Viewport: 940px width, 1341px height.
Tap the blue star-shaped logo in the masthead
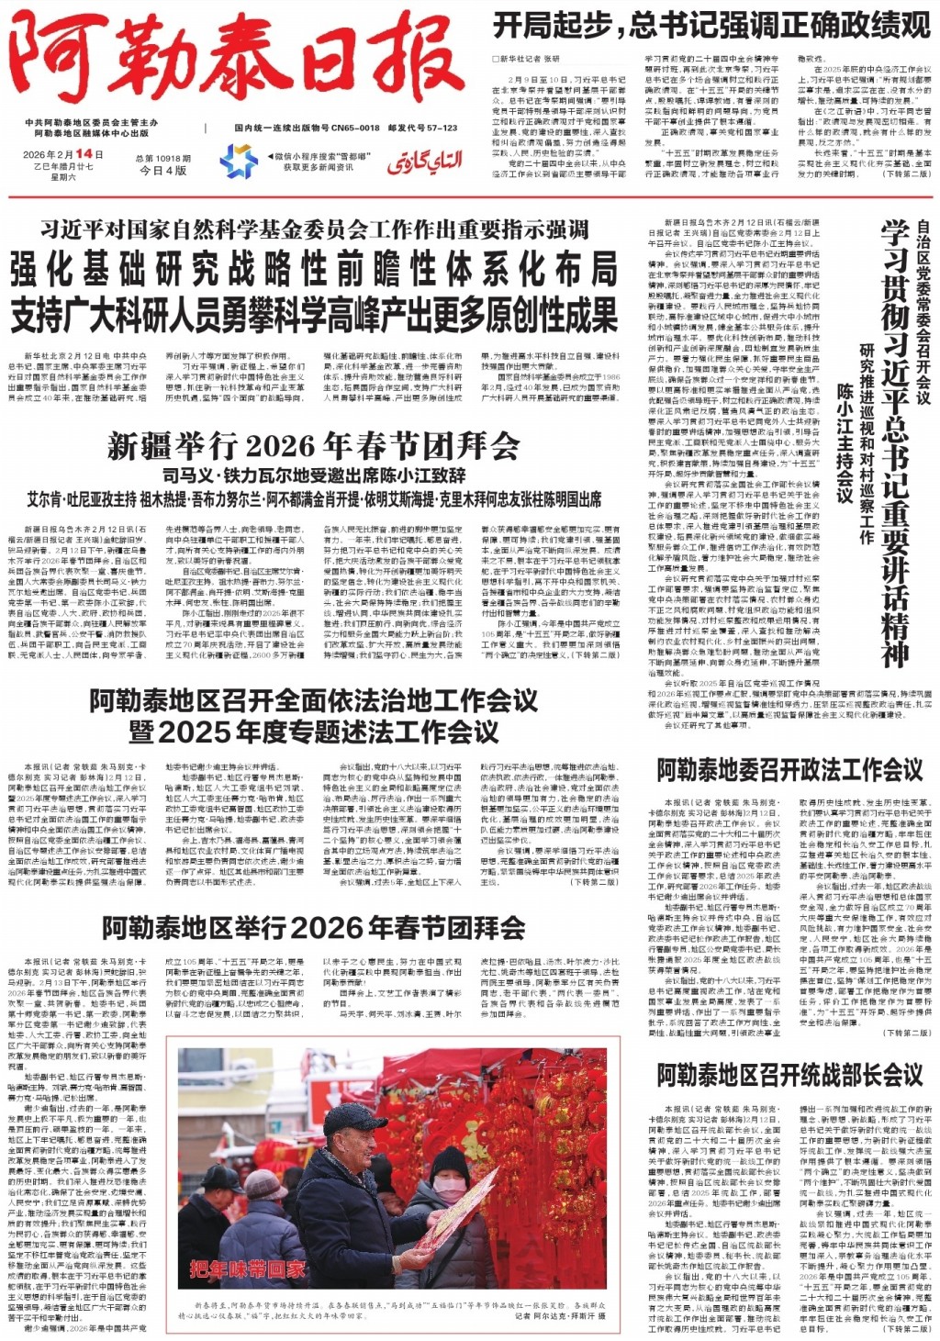pyautogui.click(x=238, y=162)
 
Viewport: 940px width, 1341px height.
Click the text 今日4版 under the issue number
pyautogui.click(x=162, y=171)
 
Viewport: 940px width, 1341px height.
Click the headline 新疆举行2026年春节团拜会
pyautogui.click(x=312, y=446)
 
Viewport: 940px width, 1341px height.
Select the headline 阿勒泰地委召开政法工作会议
pyautogui.click(x=789, y=769)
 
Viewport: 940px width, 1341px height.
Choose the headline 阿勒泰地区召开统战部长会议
pyautogui.click(x=789, y=1075)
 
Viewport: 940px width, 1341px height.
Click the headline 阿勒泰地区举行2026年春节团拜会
pyautogui.click(x=313, y=928)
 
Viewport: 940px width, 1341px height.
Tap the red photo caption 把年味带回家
pyautogui.click(x=247, y=1270)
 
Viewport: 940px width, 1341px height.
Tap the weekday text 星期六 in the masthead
pyautogui.click(x=63, y=178)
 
